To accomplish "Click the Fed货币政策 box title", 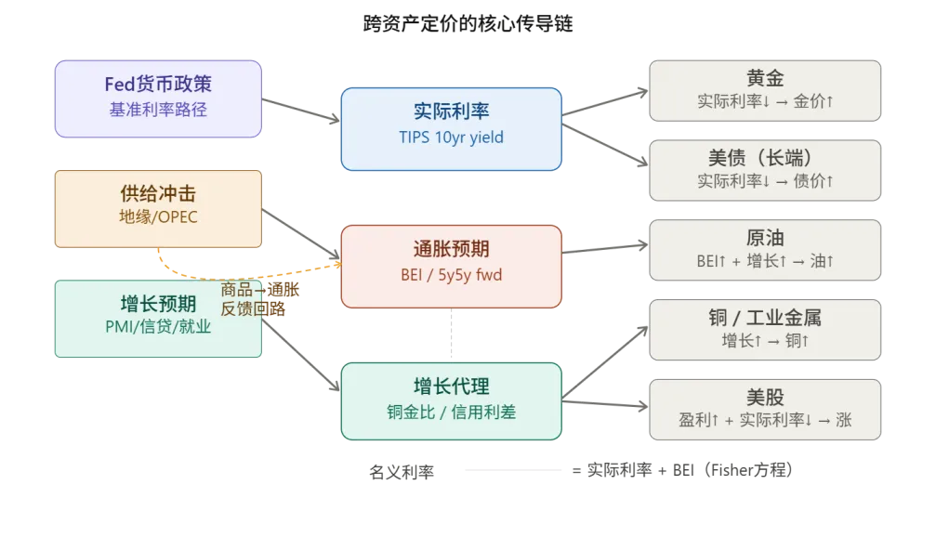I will [x=158, y=84].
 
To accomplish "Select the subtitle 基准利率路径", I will [x=158, y=109].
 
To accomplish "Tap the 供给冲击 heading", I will [x=158, y=193].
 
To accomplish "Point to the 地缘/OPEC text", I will [x=158, y=217].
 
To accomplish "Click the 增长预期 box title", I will [x=158, y=304].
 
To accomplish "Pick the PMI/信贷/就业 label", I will [x=158, y=327].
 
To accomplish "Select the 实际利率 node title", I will [x=451, y=112].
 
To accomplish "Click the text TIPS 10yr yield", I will [x=451, y=138].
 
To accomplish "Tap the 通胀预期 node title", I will [x=451, y=249].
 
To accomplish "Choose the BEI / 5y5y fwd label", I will [x=451, y=274].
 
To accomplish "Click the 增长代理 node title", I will [x=451, y=386].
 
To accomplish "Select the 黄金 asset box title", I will [x=765, y=77].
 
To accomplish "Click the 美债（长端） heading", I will [x=765, y=157].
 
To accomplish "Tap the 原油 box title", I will [x=765, y=237].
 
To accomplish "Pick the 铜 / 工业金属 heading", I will [x=765, y=317].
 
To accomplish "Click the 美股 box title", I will [x=765, y=397].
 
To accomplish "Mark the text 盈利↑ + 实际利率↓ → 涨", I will [x=765, y=420].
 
